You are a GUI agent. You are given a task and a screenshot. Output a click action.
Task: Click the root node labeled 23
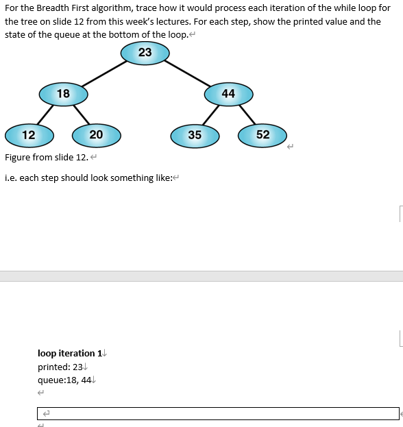(145, 53)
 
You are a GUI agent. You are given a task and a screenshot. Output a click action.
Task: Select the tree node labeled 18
(63, 93)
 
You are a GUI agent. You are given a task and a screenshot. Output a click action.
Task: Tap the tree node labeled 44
(228, 93)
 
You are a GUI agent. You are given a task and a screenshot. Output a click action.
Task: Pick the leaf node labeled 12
(29, 135)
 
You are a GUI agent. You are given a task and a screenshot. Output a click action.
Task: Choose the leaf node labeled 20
(96, 135)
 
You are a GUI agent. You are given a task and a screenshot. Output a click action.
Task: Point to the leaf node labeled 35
(195, 135)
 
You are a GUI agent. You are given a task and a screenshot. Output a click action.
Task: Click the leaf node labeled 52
(262, 135)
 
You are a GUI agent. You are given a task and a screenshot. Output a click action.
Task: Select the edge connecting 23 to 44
(186, 73)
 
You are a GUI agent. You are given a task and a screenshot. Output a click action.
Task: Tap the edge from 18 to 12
(45, 114)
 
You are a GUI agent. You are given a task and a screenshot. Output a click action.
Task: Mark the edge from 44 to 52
(245, 114)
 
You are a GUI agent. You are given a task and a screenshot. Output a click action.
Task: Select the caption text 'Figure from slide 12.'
(47, 158)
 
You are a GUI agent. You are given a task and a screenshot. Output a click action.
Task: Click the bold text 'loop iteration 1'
(69, 354)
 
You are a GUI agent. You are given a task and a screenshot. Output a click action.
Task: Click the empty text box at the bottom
(217, 413)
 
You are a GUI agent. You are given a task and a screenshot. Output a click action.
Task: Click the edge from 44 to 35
(212, 114)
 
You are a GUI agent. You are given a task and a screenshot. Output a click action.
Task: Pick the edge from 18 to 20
(81, 114)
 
